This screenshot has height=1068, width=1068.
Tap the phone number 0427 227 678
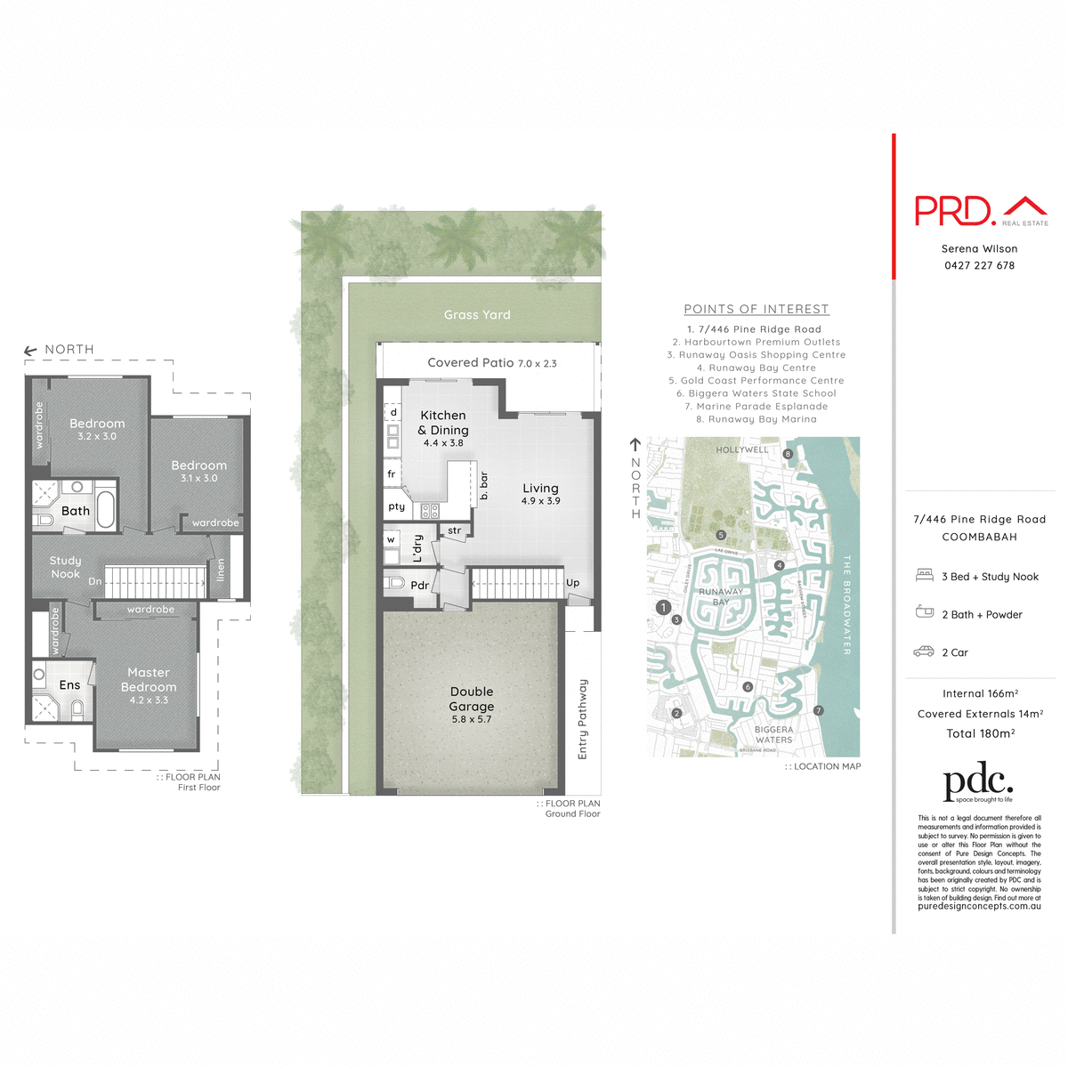[979, 265]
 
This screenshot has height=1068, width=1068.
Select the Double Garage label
[472, 699]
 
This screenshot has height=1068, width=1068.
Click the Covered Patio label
[471, 362]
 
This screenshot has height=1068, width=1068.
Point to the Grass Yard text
[477, 315]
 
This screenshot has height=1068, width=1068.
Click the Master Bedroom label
[149, 680]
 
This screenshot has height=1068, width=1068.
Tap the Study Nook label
[65, 567]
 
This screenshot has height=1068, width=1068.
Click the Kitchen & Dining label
[443, 423]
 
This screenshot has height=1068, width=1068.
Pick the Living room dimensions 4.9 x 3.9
[540, 501]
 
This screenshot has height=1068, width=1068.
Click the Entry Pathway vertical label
[583, 719]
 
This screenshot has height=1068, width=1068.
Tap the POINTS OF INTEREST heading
[756, 309]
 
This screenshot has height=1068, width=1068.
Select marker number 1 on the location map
[663, 607]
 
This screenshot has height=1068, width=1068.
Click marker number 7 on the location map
[819, 710]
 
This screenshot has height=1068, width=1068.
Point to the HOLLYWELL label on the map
[741, 449]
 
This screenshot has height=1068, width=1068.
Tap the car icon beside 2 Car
[924, 651]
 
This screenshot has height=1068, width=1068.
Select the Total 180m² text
[980, 733]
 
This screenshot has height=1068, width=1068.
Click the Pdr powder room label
[419, 585]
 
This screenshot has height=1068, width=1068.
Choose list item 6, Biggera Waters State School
[756, 393]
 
